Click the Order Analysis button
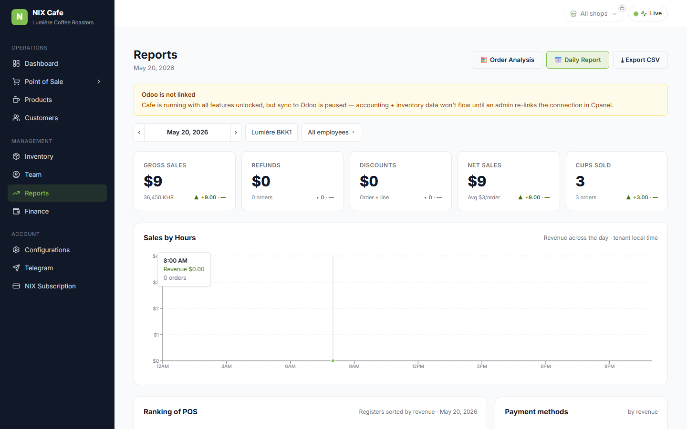pyautogui.click(x=507, y=60)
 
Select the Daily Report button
pyautogui.click(x=577, y=60)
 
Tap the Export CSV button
pyautogui.click(x=640, y=60)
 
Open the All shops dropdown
pyautogui.click(x=594, y=14)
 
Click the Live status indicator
pyautogui.click(x=648, y=13)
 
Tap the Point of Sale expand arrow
pyautogui.click(x=99, y=82)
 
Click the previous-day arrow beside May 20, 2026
pyautogui.click(x=139, y=133)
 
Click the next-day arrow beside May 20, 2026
pyautogui.click(x=236, y=133)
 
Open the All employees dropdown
pyautogui.click(x=332, y=133)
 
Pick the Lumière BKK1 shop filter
pyautogui.click(x=271, y=133)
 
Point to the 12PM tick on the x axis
pyautogui.click(x=418, y=362)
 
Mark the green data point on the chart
pyautogui.click(x=333, y=361)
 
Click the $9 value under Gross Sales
pyautogui.click(x=153, y=181)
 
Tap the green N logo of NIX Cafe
pyautogui.click(x=20, y=17)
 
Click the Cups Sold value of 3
pyautogui.click(x=580, y=181)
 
